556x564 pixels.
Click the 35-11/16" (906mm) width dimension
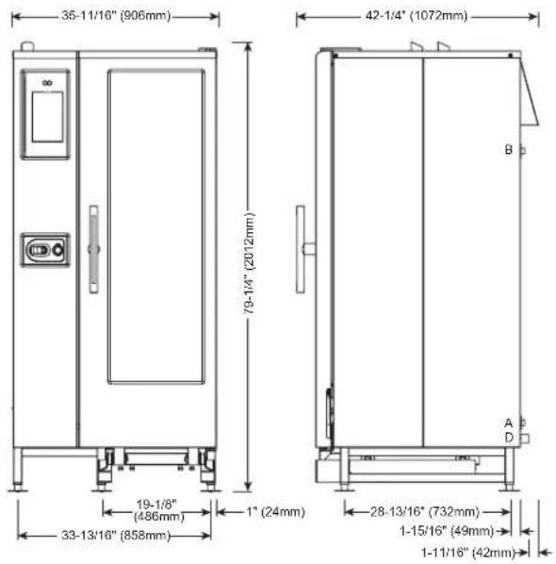(116, 15)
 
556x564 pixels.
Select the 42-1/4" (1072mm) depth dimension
(417, 15)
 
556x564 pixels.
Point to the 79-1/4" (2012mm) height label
(249, 263)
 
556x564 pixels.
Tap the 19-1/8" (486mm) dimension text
(158, 510)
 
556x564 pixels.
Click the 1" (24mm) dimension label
(276, 511)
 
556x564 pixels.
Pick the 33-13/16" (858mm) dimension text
(116, 536)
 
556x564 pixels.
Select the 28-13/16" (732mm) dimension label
(425, 511)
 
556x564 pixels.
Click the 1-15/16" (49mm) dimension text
(447, 531)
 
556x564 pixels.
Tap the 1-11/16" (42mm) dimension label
(468, 552)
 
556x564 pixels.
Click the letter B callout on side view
(508, 149)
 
